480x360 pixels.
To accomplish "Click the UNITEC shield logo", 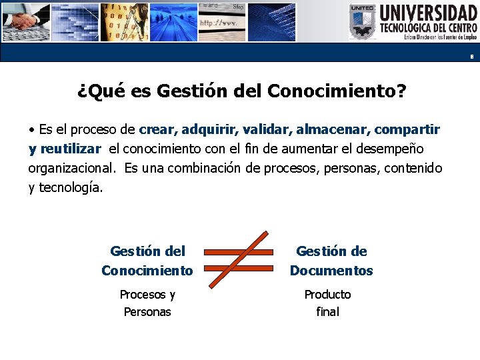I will click(363, 23).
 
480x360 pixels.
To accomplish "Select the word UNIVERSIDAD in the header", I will click(429, 13).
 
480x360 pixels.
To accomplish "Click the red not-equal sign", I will click(239, 260).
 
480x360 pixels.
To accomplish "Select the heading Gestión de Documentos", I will click(331, 261).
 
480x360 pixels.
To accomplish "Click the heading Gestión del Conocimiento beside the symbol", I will click(147, 261).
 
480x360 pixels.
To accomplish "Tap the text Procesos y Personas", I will click(147, 303).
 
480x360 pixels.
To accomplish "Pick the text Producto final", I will click(327, 303).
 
